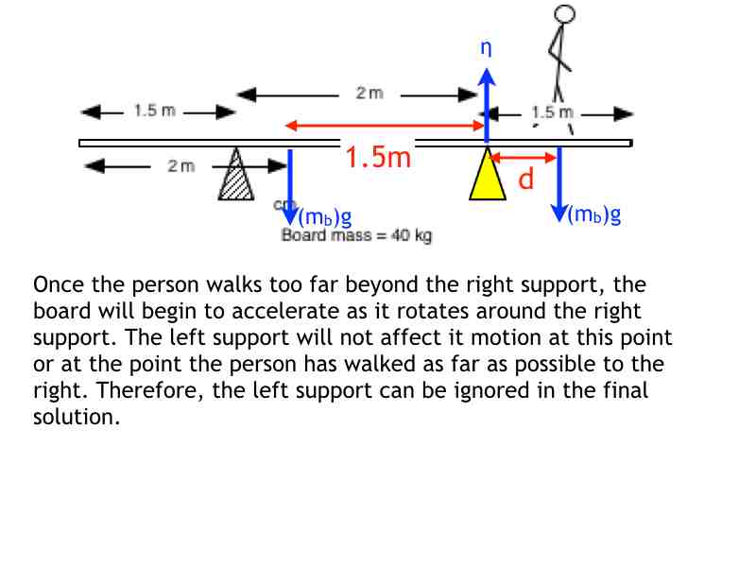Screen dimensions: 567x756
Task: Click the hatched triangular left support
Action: [x=235, y=178]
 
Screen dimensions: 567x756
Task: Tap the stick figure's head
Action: [x=564, y=14]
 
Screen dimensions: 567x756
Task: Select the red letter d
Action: [x=525, y=179]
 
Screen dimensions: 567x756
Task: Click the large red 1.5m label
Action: [x=378, y=157]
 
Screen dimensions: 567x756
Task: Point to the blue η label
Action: [x=486, y=47]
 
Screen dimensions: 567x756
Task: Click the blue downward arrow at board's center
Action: [x=291, y=180]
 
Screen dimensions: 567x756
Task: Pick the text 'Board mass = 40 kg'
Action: [x=356, y=235]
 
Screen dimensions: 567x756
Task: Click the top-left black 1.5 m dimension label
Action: [x=154, y=111]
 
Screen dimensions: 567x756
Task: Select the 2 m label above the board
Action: [x=369, y=93]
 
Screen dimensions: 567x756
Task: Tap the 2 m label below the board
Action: [x=180, y=166]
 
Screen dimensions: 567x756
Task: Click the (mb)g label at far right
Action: [x=594, y=215]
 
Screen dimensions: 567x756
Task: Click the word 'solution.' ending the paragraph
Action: [x=77, y=417]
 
